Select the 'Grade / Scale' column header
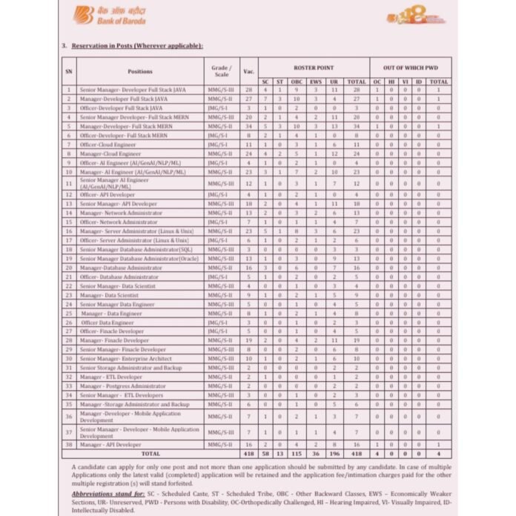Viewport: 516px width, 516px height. point(221,71)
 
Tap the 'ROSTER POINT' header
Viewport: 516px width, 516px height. point(314,67)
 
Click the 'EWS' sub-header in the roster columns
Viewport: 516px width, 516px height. point(315,81)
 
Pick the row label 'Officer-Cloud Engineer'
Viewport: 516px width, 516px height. point(108,144)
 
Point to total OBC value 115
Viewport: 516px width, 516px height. point(297,454)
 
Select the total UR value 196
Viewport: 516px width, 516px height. point(335,454)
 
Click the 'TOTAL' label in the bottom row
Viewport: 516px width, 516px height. point(151,454)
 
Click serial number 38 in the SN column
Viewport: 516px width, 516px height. point(69,444)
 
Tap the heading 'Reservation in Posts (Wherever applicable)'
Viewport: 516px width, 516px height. point(136,46)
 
